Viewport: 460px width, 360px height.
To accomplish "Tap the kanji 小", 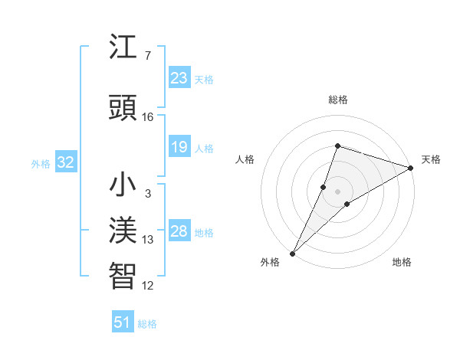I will [123, 185].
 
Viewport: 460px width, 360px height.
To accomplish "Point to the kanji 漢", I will [123, 231].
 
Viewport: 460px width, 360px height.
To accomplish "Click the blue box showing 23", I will [179, 78].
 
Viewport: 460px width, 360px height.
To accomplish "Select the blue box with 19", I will [179, 147].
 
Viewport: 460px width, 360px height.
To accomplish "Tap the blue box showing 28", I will [179, 231].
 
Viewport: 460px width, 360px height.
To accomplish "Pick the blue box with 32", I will [65, 162].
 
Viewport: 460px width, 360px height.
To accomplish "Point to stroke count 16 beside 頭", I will [148, 117].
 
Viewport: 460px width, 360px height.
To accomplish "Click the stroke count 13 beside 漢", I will [148, 240].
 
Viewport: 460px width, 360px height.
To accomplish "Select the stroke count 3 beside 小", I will [148, 194].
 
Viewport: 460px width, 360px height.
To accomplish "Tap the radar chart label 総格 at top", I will [337, 100].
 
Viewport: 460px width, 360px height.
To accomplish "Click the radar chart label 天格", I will [431, 159].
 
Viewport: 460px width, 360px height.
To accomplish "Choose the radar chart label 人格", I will [245, 159].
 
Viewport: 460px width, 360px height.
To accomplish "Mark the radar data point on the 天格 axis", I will [411, 168].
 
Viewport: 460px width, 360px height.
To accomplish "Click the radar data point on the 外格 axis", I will [292, 254].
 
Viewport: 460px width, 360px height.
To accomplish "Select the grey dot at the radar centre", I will [337, 191].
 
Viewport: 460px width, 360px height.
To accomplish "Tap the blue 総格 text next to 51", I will [147, 324].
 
